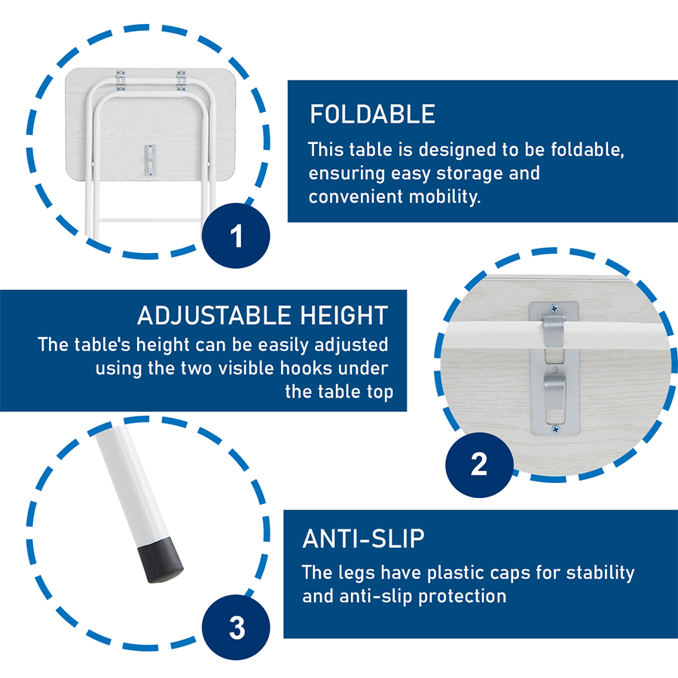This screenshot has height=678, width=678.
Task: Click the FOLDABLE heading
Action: click(x=372, y=115)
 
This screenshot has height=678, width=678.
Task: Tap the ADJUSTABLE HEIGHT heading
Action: click(x=262, y=315)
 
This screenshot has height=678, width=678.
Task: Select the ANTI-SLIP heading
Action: click(x=363, y=539)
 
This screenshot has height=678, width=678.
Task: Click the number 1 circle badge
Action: click(x=236, y=236)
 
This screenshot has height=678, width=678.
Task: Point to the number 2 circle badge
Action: click(x=480, y=465)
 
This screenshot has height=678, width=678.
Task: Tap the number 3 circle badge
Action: click(x=236, y=628)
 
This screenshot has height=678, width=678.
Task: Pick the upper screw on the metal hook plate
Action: click(x=554, y=308)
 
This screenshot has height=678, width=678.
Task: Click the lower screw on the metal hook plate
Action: click(x=556, y=429)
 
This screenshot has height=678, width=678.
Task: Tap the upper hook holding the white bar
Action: click(x=554, y=331)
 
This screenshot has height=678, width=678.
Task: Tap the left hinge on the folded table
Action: click(x=121, y=81)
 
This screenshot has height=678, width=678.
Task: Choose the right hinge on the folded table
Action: click(x=181, y=81)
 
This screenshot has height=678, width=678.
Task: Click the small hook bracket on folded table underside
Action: click(x=150, y=160)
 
